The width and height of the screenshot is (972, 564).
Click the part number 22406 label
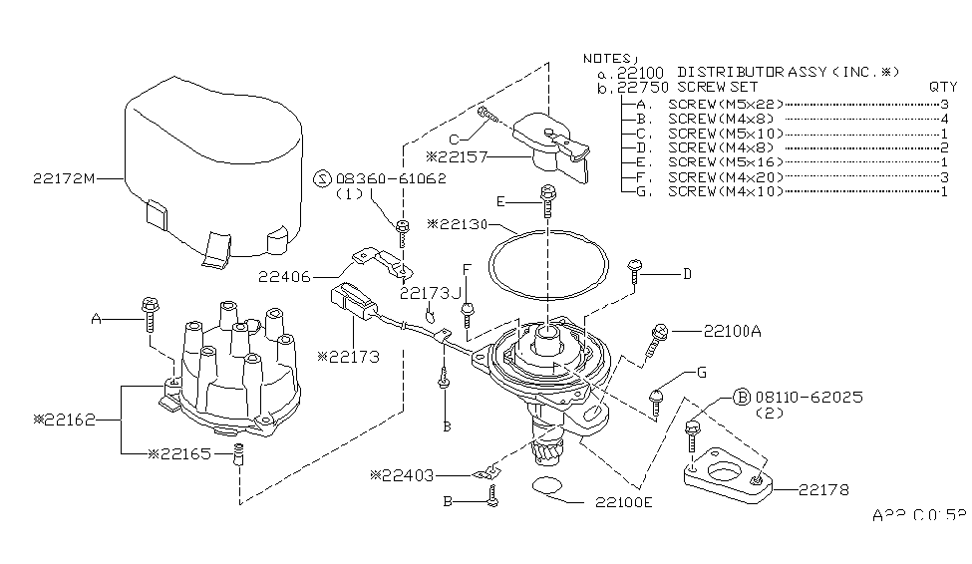point(286,276)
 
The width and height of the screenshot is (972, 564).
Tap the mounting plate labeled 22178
point(728,473)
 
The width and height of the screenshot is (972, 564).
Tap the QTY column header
point(942,88)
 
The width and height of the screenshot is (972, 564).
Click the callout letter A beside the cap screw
point(97,319)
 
